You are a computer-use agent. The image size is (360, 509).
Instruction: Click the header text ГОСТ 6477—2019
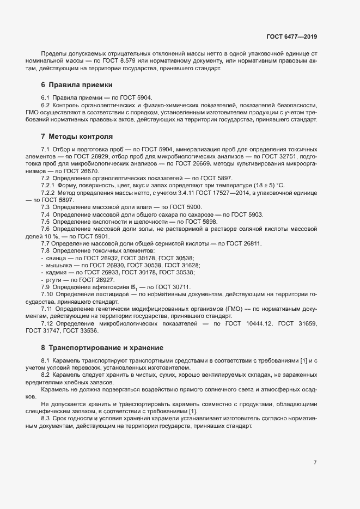(292, 36)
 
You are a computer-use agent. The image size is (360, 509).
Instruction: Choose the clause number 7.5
(46, 222)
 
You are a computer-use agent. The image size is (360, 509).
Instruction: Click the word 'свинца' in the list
(56, 258)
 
